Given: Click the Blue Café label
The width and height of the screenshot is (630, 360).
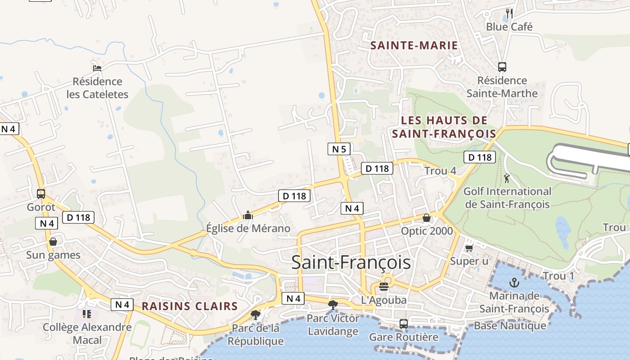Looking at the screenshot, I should pos(509,27).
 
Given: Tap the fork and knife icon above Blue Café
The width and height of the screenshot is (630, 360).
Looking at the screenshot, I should pos(509,13).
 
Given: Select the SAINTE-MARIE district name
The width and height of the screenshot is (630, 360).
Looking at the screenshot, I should pos(414,45).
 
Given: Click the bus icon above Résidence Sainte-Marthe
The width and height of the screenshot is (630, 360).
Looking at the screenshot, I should pos(502,67).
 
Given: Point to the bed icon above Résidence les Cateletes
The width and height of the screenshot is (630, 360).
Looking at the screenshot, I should pos(97,68).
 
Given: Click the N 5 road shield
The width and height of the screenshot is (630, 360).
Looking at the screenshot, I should pos(339,149).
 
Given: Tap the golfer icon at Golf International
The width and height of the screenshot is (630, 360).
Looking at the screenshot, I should pos(507,178).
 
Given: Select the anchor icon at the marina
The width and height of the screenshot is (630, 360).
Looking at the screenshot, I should pos(514,283).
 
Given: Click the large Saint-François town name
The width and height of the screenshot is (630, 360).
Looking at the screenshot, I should pos(351,263).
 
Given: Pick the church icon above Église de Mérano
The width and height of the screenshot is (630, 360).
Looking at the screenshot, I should pos(247,215).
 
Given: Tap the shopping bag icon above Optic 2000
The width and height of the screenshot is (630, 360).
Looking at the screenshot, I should pos(426,218).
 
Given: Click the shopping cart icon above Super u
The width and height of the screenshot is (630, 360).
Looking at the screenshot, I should pos(469,248).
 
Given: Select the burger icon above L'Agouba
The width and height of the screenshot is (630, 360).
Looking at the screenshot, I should pos(384,286).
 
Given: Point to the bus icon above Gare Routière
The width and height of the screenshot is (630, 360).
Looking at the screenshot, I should pos(404,324).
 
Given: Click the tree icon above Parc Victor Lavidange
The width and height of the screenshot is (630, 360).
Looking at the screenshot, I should pos(333,305).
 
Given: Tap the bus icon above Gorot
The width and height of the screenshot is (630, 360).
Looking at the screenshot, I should pos(41,194).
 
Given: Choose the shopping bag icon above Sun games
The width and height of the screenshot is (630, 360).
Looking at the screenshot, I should pos(53,242).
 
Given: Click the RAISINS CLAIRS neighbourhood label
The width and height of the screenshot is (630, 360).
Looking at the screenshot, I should pos(189,306).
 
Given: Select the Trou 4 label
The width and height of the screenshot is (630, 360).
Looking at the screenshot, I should pos(440,171).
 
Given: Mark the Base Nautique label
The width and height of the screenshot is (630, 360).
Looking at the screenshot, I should pos(510,325).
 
